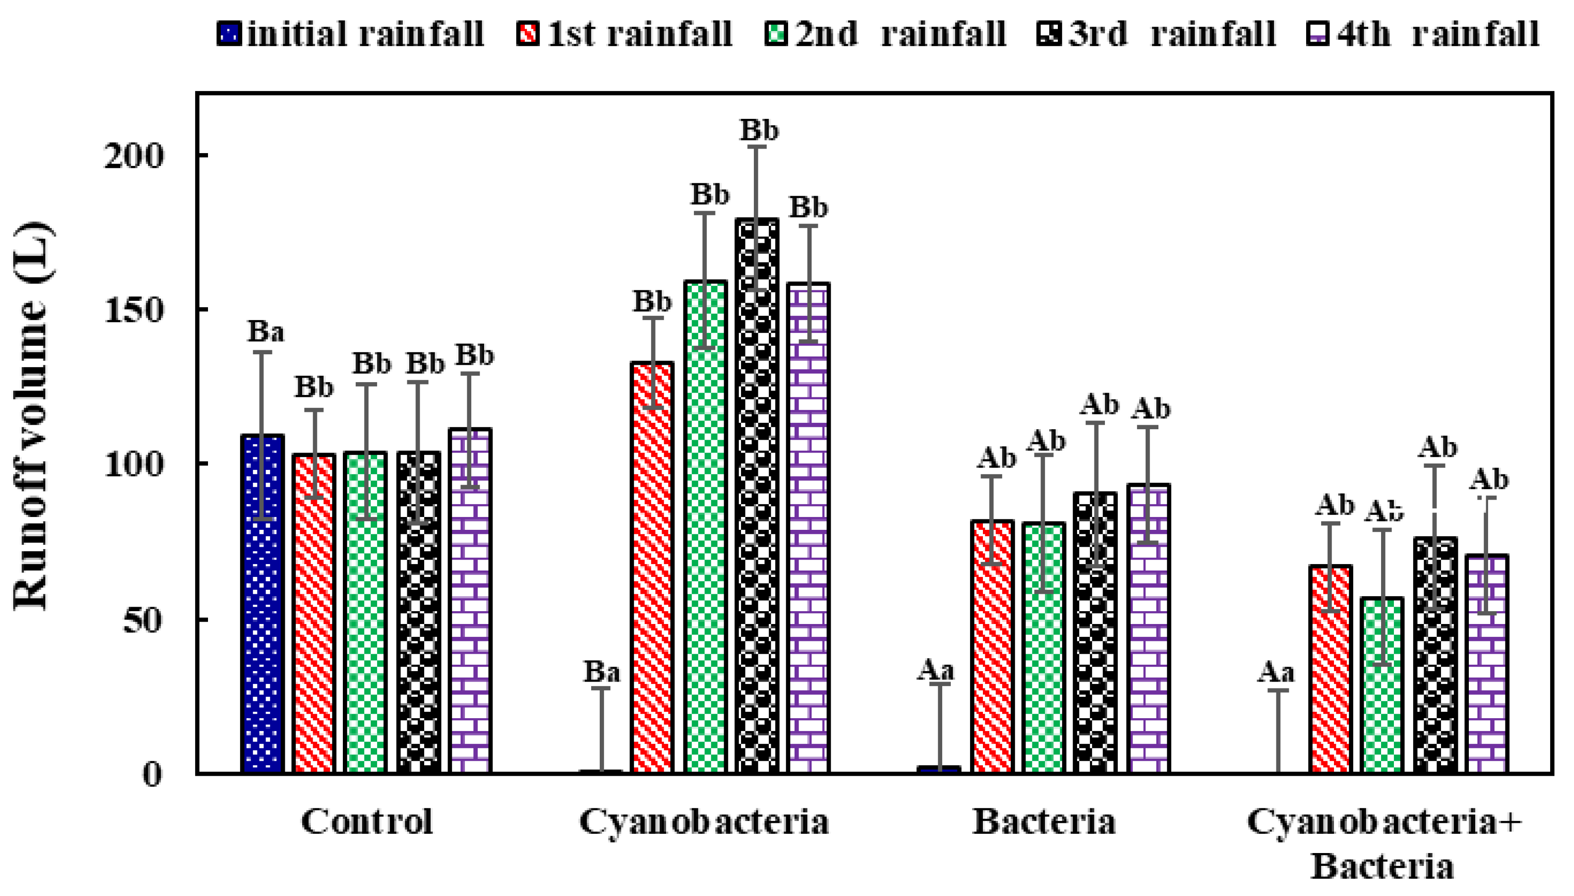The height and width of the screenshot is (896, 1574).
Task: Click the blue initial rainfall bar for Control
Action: pyautogui.click(x=263, y=603)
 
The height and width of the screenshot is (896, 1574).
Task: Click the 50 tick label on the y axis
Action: pyautogui.click(x=143, y=620)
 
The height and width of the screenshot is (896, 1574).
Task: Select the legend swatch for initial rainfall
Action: pyautogui.click(x=229, y=33)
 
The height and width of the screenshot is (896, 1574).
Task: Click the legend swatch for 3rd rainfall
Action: pyautogui.click(x=1049, y=33)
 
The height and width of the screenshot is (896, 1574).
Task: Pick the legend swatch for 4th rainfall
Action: pyautogui.click(x=1318, y=33)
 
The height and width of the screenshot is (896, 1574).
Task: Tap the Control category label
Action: pyautogui.click(x=367, y=821)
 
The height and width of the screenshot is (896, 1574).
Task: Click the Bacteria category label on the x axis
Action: pyautogui.click(x=1044, y=821)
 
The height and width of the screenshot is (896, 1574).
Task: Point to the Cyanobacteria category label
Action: pyautogui.click(x=704, y=821)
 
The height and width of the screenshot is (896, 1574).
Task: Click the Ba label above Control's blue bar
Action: pyautogui.click(x=266, y=332)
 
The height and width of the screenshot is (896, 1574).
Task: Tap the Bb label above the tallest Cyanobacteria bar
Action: pyautogui.click(x=759, y=130)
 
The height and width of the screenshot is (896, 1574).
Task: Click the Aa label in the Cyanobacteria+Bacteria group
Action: pyautogui.click(x=1275, y=672)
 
